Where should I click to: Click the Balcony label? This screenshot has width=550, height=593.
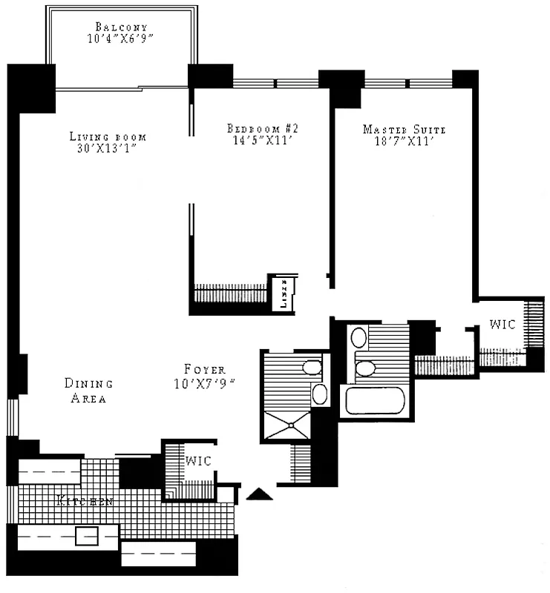click(x=121, y=27)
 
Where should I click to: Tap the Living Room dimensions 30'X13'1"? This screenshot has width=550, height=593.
click(x=108, y=148)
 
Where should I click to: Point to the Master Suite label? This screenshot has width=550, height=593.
click(x=404, y=130)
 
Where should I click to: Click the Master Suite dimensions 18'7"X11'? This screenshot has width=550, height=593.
click(x=404, y=142)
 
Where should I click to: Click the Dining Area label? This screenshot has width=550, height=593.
click(x=88, y=391)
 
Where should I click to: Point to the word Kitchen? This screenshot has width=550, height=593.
click(x=84, y=502)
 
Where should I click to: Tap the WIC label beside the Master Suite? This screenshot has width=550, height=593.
click(x=502, y=325)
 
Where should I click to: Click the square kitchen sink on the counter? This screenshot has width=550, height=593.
click(x=87, y=535)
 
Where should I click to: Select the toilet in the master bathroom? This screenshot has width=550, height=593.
click(x=365, y=367)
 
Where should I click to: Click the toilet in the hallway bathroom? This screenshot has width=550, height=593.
click(x=312, y=368)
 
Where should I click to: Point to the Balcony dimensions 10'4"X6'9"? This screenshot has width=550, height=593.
click(x=121, y=39)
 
